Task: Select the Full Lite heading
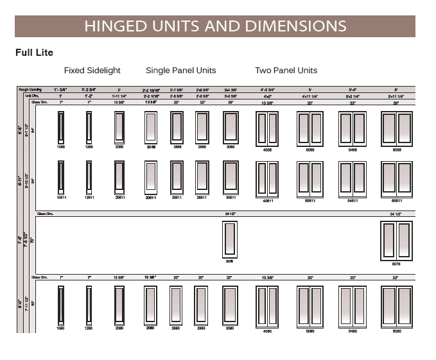(34, 52)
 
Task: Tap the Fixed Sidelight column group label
(92, 71)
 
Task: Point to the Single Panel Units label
(180, 71)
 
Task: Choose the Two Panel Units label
(286, 71)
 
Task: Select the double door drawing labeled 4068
(267, 126)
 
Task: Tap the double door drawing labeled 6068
(397, 126)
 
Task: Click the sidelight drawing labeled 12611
(89, 176)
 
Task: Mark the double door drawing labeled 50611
(310, 176)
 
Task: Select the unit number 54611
(352, 201)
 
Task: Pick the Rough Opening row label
(30, 89)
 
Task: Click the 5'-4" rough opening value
(352, 89)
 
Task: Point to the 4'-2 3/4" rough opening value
(268, 89)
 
